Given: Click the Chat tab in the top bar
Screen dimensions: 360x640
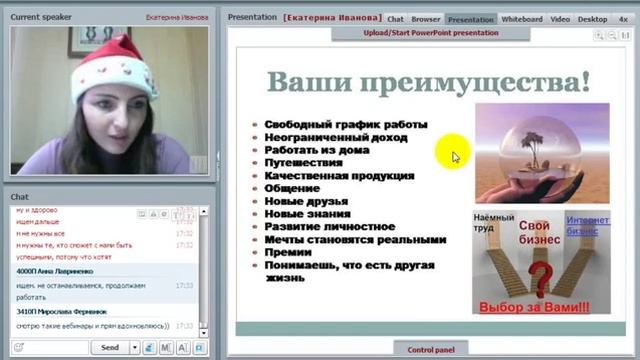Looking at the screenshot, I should tap(396, 18).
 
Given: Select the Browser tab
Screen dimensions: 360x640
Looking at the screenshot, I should tap(426, 18).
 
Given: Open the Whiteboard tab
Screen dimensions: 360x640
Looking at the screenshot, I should tap(521, 18).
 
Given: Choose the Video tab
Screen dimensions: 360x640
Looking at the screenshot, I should tap(560, 18).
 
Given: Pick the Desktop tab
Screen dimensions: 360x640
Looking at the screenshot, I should tap(592, 18).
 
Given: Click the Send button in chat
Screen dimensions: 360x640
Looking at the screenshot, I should tap(110, 347).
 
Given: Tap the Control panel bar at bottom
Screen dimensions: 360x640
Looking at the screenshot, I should tap(431, 349).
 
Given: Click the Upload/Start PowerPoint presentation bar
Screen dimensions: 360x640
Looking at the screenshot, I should tap(431, 32).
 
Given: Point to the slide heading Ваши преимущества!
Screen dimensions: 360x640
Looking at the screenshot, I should tap(429, 82).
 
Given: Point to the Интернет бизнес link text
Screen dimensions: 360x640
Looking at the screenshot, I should tap(587, 225).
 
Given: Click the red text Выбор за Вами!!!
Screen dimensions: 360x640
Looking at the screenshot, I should tap(534, 307).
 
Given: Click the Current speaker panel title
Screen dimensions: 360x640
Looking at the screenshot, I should tap(38, 17).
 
